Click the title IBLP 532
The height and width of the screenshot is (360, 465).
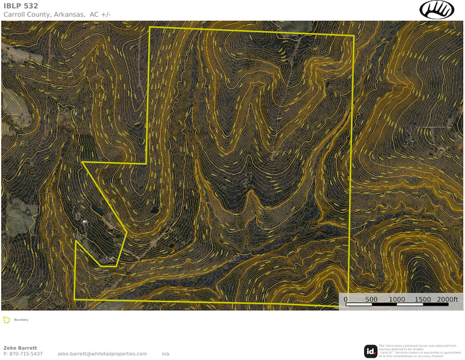coord(21,6)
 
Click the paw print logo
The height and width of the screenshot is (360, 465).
coord(437,9)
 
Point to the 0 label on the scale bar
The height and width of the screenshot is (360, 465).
coord(345,300)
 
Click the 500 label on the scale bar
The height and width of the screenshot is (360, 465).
coord(371,300)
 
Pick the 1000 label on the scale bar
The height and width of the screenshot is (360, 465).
coord(397,300)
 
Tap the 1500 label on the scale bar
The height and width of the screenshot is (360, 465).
coord(422,300)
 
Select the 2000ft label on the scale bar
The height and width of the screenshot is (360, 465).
coord(448,300)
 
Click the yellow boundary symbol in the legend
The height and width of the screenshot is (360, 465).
coord(7,319)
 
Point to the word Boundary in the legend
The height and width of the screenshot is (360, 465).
coord(21,320)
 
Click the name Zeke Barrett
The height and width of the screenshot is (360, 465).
coord(21,348)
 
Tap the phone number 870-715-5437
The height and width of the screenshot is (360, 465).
coord(26,354)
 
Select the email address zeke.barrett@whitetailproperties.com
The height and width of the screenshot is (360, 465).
coord(102,354)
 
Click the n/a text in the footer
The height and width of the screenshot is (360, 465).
coord(165,354)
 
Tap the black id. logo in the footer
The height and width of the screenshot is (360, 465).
coord(371,351)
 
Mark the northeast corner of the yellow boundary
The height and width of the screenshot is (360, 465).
coord(353,36)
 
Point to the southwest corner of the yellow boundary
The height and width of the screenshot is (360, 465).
coord(75,300)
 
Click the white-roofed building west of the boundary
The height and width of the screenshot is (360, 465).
coord(85,221)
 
